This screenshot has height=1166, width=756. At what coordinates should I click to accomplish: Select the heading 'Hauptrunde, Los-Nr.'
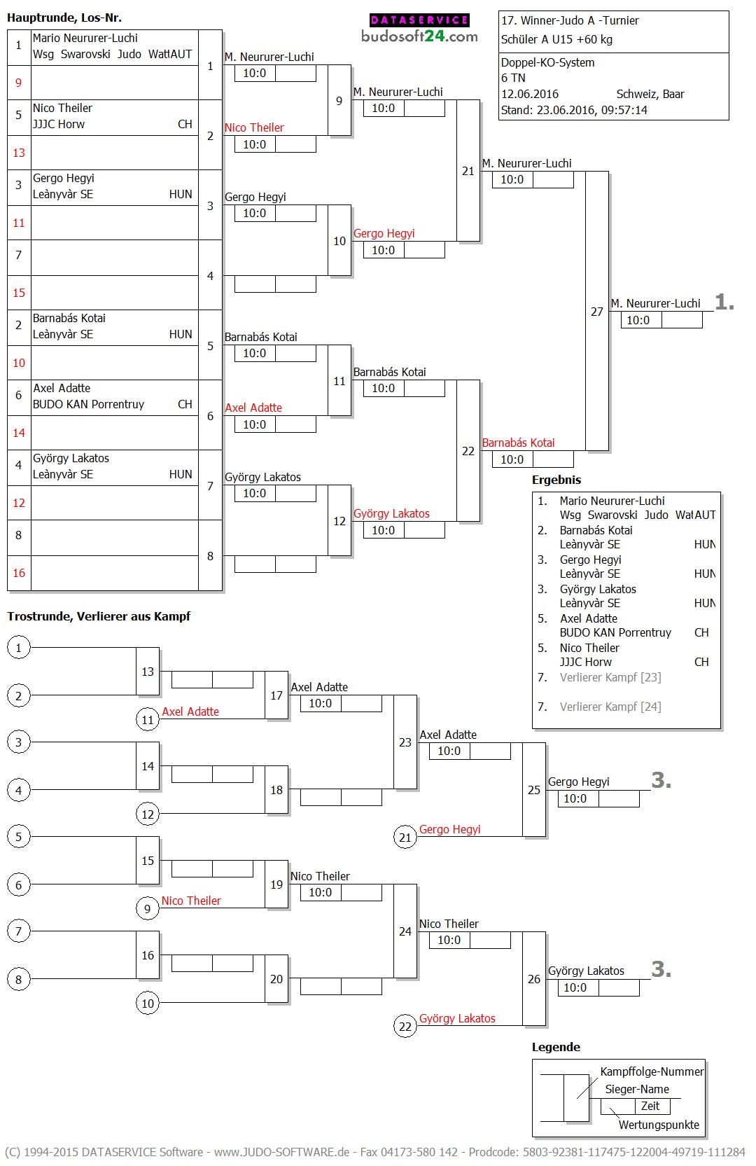point(64,18)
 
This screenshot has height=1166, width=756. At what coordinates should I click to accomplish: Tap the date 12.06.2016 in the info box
point(529,94)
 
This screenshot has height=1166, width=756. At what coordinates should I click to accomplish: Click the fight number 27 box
point(597,311)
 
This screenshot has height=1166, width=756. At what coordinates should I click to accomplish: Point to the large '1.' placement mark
point(724,303)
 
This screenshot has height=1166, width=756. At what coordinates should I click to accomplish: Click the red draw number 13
point(19,153)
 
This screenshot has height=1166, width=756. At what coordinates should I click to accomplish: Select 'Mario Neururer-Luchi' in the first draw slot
point(85,38)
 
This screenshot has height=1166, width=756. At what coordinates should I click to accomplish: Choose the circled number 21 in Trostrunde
point(405,837)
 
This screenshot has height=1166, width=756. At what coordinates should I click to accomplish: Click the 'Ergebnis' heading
point(556,480)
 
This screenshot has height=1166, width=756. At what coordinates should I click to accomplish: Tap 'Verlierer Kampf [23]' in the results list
point(610,677)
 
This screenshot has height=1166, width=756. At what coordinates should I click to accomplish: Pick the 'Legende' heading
point(556,1047)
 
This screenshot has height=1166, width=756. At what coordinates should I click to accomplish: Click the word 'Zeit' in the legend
point(650,1106)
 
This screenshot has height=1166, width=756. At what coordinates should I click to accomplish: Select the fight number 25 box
point(534,789)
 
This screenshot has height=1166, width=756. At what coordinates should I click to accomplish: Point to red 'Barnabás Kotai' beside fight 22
point(518,443)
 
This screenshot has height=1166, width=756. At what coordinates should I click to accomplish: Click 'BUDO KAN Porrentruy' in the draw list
point(88,404)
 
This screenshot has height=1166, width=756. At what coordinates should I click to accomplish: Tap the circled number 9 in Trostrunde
point(147,908)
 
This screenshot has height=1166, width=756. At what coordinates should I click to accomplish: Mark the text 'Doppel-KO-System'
point(547,62)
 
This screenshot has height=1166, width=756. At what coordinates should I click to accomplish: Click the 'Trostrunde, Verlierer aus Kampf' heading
point(99,616)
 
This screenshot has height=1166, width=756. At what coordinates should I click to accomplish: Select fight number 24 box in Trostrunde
point(405,931)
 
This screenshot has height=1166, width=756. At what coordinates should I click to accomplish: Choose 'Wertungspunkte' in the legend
point(659,1125)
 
